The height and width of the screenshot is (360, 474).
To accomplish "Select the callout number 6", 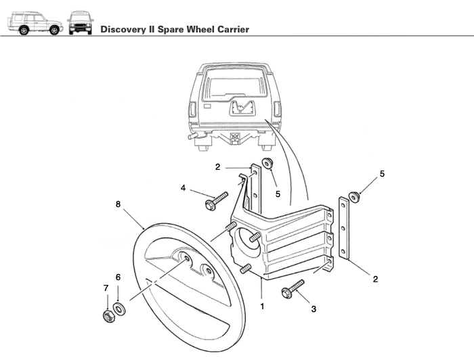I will [x=118, y=277].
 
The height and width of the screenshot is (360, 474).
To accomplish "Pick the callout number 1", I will [x=262, y=305].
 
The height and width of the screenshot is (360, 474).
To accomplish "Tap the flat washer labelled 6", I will [x=120, y=310].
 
